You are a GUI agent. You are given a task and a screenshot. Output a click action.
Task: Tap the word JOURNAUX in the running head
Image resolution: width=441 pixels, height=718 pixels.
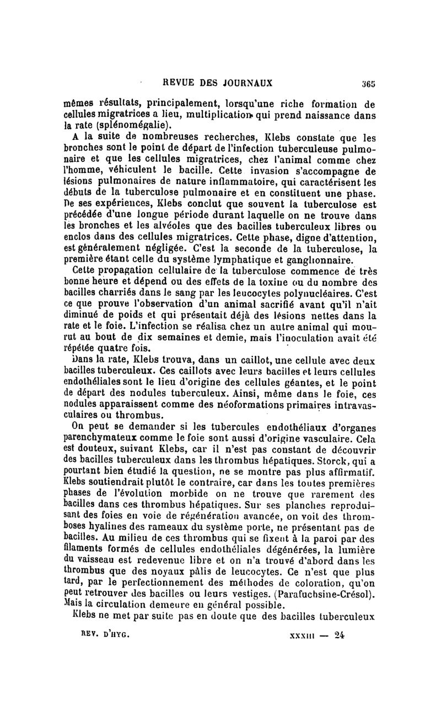coord(247,84)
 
